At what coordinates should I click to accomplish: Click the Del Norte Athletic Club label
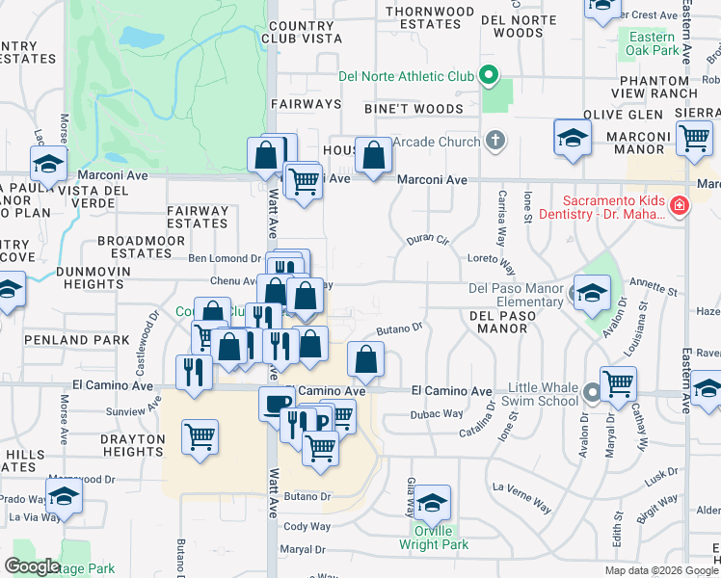[406, 76]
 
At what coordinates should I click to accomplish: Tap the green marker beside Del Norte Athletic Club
[489, 75]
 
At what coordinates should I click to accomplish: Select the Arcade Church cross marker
[495, 143]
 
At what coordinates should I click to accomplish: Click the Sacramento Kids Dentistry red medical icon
[680, 206]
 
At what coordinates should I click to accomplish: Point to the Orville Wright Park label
[434, 538]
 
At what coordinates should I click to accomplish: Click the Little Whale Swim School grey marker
[591, 393]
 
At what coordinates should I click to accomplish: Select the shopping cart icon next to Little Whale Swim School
[618, 383]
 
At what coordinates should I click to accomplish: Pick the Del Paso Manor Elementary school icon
[593, 291]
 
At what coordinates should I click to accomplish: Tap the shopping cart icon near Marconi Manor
[694, 138]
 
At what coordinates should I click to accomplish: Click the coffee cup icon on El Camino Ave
[277, 403]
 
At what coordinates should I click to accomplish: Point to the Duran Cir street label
[428, 239]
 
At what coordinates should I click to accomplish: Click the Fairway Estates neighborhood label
[198, 217]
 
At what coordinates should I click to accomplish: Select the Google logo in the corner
[32, 566]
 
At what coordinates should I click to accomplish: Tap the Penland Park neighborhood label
[64, 340]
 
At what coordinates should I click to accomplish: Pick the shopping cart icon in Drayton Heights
[200, 435]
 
